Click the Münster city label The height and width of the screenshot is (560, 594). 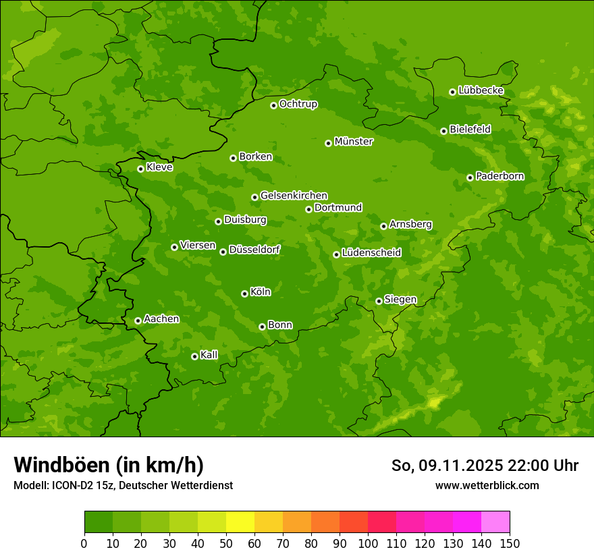pyautogui.click(x=353, y=142)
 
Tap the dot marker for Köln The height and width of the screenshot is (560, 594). pyautogui.click(x=244, y=293)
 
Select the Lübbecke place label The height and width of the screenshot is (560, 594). pyautogui.click(x=481, y=90)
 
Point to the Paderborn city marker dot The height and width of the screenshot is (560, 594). pyautogui.click(x=470, y=177)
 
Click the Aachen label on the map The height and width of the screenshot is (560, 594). pyautogui.click(x=161, y=319)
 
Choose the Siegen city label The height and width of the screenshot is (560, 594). pyautogui.click(x=400, y=300)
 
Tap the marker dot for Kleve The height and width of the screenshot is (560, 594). pyautogui.click(x=140, y=169)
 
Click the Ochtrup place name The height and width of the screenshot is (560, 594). pyautogui.click(x=298, y=104)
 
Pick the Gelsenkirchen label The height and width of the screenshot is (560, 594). pyautogui.click(x=294, y=196)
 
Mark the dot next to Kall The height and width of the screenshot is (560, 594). pyautogui.click(x=194, y=356)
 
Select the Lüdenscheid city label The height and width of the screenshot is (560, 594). pyautogui.click(x=371, y=253)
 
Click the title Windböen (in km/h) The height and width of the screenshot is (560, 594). pyautogui.click(x=109, y=465)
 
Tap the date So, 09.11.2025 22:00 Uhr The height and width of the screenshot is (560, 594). pyautogui.click(x=485, y=466)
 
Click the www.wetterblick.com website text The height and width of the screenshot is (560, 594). pyautogui.click(x=487, y=485)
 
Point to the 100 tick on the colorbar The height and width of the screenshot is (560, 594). pyautogui.click(x=368, y=543)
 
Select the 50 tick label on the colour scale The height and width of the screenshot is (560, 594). pyautogui.click(x=226, y=543)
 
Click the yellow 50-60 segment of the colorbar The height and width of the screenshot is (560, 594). pyautogui.click(x=240, y=522)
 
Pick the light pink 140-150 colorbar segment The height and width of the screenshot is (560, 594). pyautogui.click(x=495, y=522)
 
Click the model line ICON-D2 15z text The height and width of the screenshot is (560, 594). pyautogui.click(x=123, y=485)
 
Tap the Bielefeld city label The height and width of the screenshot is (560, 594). pyautogui.click(x=470, y=130)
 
